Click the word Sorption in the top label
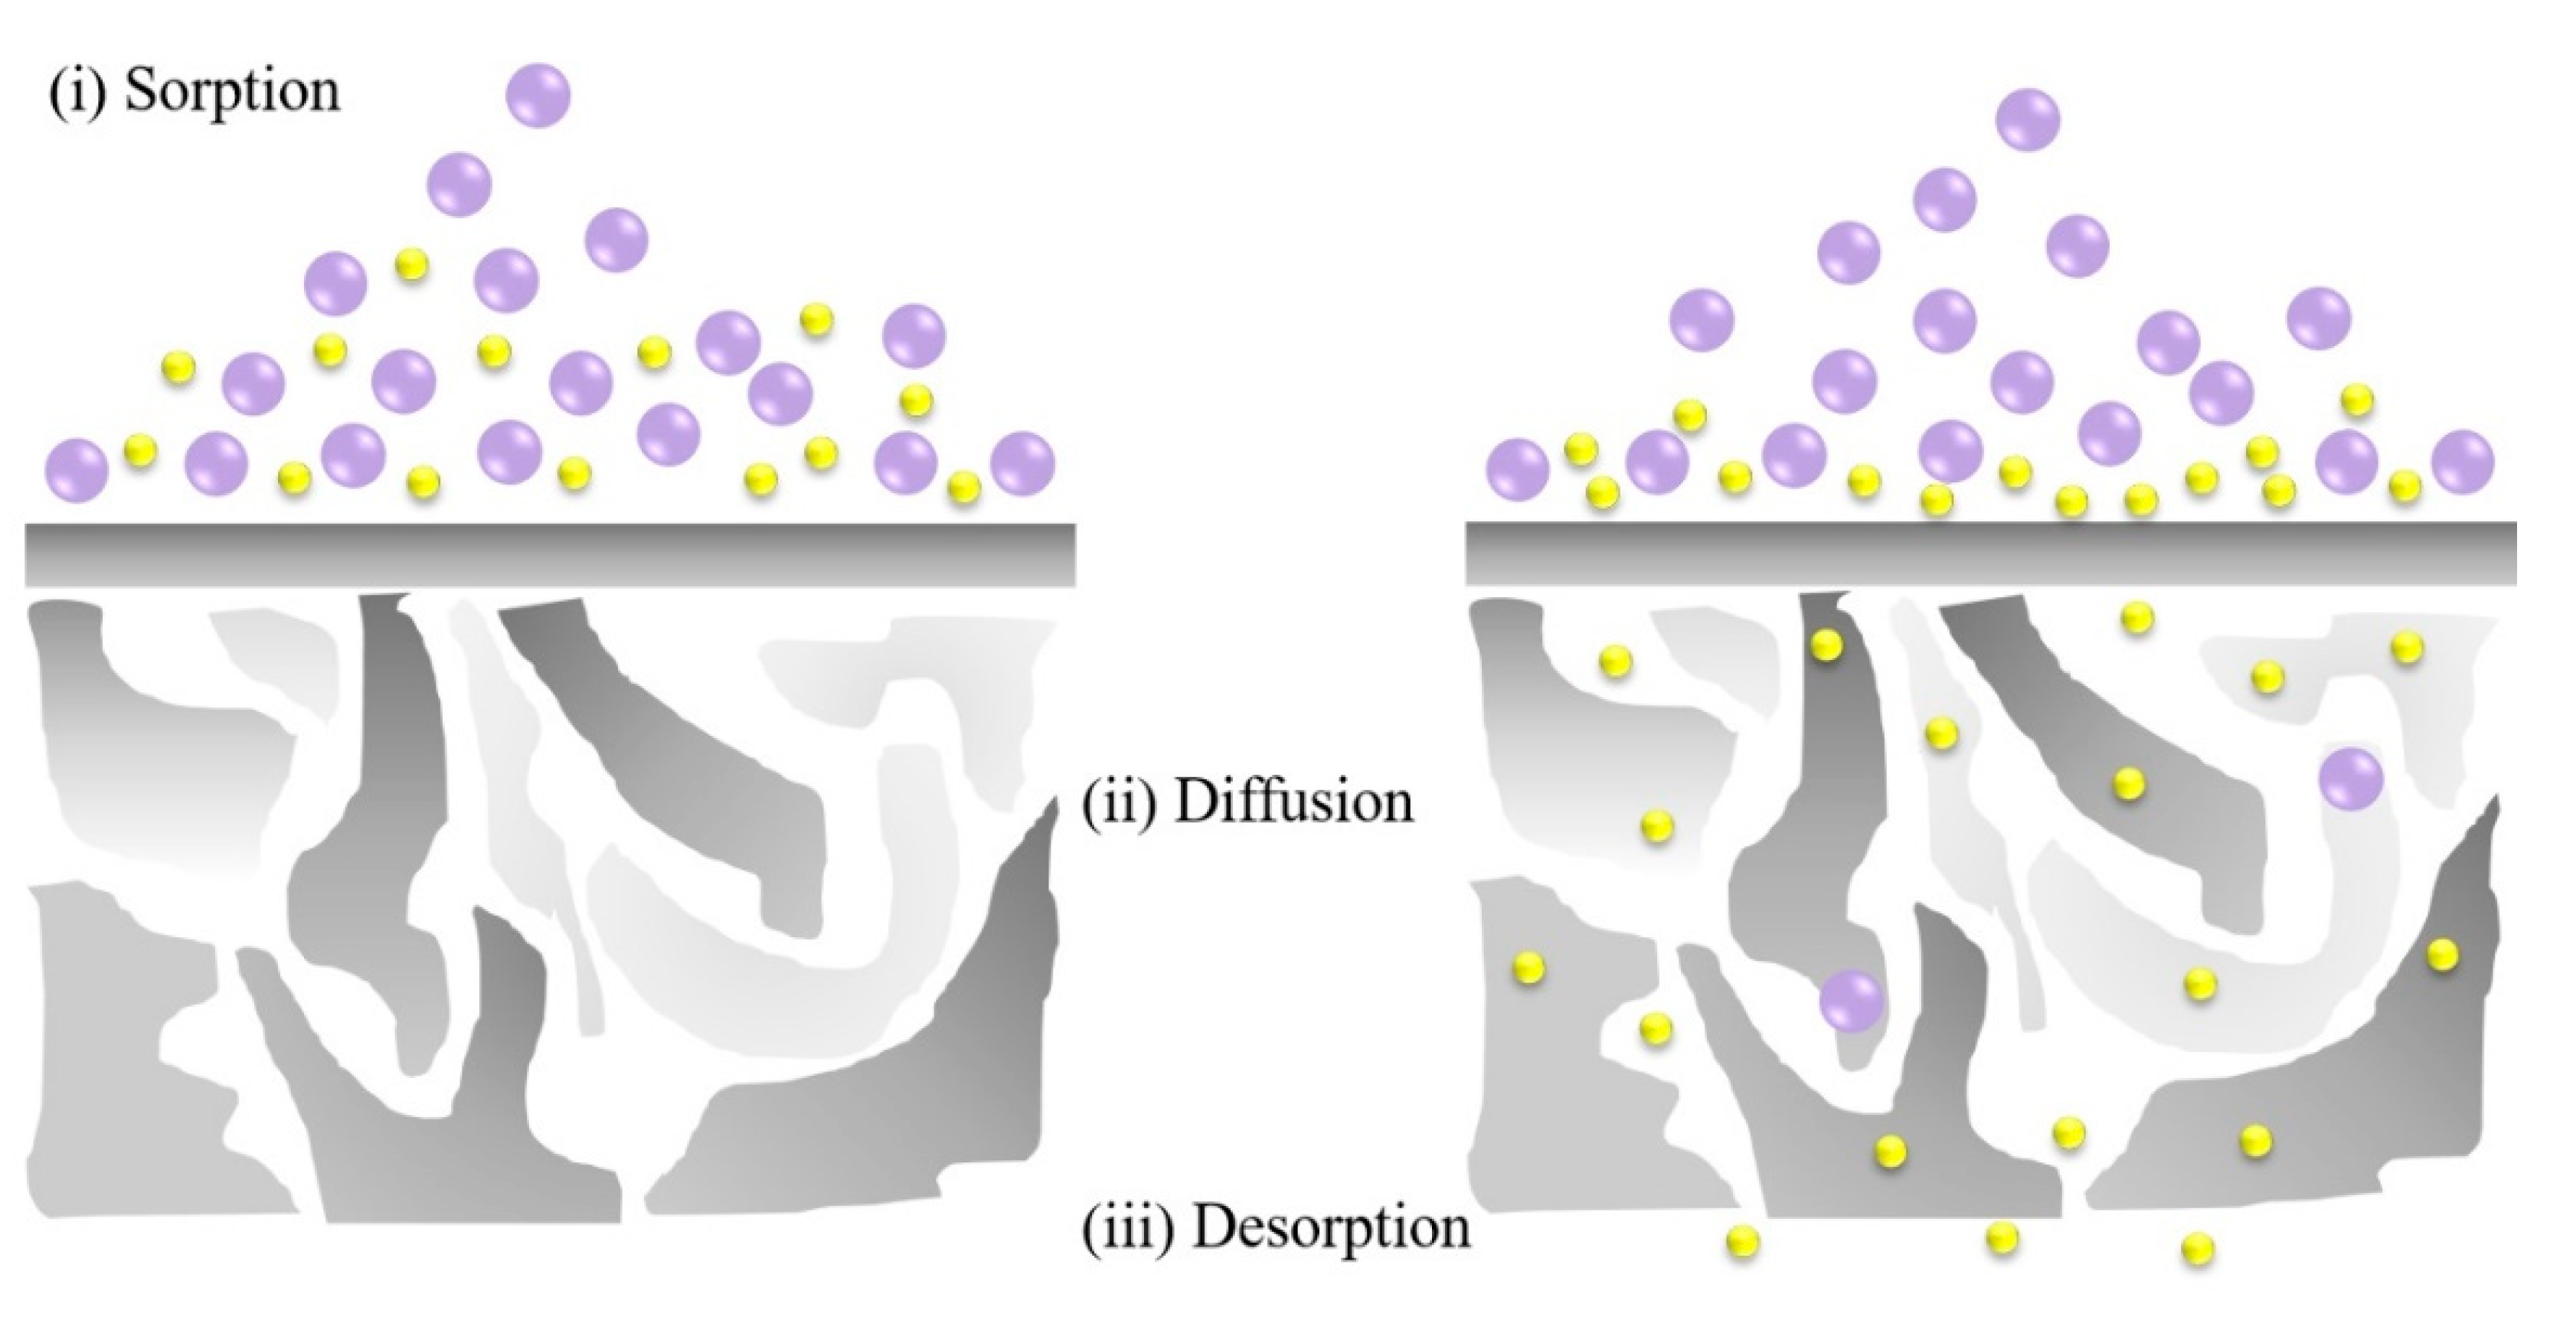click(x=233, y=92)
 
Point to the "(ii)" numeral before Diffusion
click(x=1119, y=802)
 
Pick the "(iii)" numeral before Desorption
click(x=1129, y=1228)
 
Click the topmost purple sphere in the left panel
click(x=538, y=96)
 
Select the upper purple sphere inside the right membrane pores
click(x=2351, y=779)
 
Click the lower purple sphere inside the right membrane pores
click(x=1851, y=1001)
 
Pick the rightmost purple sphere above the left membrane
click(x=1022, y=463)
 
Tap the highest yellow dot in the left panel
click(x=410, y=263)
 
